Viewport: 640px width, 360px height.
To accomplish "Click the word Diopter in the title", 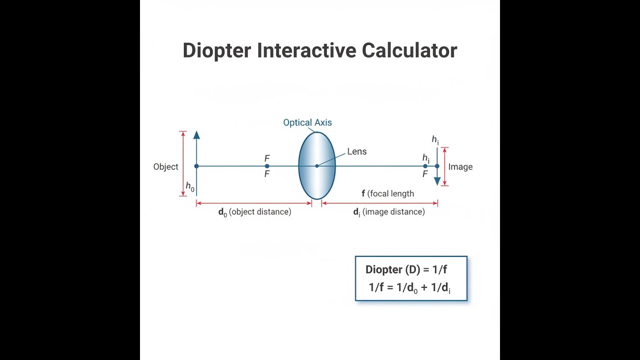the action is coord(217,51).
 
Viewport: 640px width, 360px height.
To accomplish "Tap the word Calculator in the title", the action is coord(409,50).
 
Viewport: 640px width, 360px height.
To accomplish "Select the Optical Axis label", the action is coord(307,122).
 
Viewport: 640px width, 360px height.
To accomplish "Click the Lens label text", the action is coord(357,151).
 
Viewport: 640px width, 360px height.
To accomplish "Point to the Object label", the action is coord(165,166).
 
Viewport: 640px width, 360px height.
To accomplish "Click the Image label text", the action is coord(460,166).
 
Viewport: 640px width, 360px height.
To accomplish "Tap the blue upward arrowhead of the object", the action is coord(196,135).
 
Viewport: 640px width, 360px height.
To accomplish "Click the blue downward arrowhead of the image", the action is coord(437,181).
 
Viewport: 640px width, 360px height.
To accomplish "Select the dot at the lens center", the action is coord(317,166).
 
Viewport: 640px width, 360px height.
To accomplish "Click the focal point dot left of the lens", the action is coord(267,166).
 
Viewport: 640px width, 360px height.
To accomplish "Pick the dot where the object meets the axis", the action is coord(196,166).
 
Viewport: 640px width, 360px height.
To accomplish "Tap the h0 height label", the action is coord(190,186).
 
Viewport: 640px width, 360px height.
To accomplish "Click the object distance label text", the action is coord(255,212).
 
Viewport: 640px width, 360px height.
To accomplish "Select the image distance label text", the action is coord(389,212).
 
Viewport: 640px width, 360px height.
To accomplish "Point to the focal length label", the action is coord(387,193).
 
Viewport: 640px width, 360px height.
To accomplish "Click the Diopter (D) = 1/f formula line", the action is coord(406,269).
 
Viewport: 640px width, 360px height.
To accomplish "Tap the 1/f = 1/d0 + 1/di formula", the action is coord(409,287).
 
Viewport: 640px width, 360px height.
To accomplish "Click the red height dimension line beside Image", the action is coord(444,166).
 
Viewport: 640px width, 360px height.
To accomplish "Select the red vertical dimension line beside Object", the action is coord(183,163).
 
